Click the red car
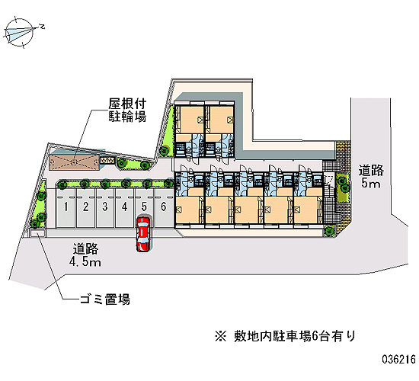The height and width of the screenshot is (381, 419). coord(143,234)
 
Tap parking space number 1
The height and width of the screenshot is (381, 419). coord(66,208)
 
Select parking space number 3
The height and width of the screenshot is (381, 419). coord(105,208)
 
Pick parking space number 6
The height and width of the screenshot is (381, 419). coord(164,208)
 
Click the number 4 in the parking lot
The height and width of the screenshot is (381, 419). coord(124,207)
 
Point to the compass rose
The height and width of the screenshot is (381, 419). coord(20,33)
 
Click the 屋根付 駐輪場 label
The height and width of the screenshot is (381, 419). coord(127,110)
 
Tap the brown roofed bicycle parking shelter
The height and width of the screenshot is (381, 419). coord(74,162)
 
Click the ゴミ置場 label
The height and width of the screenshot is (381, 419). coord(105,299)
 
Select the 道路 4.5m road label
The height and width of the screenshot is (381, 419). coord(85,255)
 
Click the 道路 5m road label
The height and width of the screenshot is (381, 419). coord(371,177)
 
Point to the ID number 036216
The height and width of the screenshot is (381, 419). coord(398,359)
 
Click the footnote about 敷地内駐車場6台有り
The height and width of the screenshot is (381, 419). coord(286,336)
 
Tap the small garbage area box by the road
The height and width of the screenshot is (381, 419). coord(37,233)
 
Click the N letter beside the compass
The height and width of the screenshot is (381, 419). coord(42,27)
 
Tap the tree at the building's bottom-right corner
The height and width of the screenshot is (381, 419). coord(329,230)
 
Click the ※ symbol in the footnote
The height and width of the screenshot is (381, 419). coord(221,336)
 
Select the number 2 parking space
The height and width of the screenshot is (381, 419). coord(85,208)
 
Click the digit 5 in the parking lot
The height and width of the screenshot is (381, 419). coord(144,207)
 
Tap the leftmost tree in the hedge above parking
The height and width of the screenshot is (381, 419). coord(62,184)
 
